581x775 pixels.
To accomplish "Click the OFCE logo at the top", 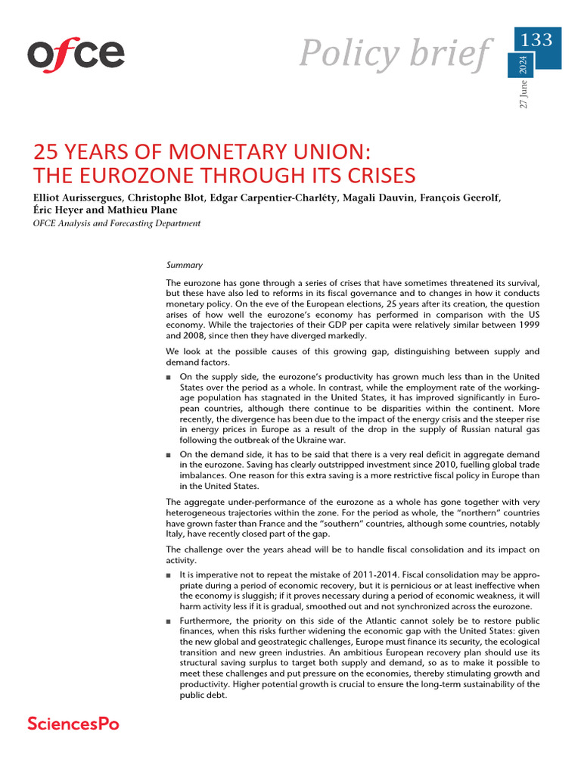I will [x=76, y=54].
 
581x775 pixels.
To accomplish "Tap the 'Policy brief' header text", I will [x=394, y=52].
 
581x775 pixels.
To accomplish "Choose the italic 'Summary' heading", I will [x=184, y=265].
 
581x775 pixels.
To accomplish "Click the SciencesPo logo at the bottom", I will [x=73, y=724].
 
